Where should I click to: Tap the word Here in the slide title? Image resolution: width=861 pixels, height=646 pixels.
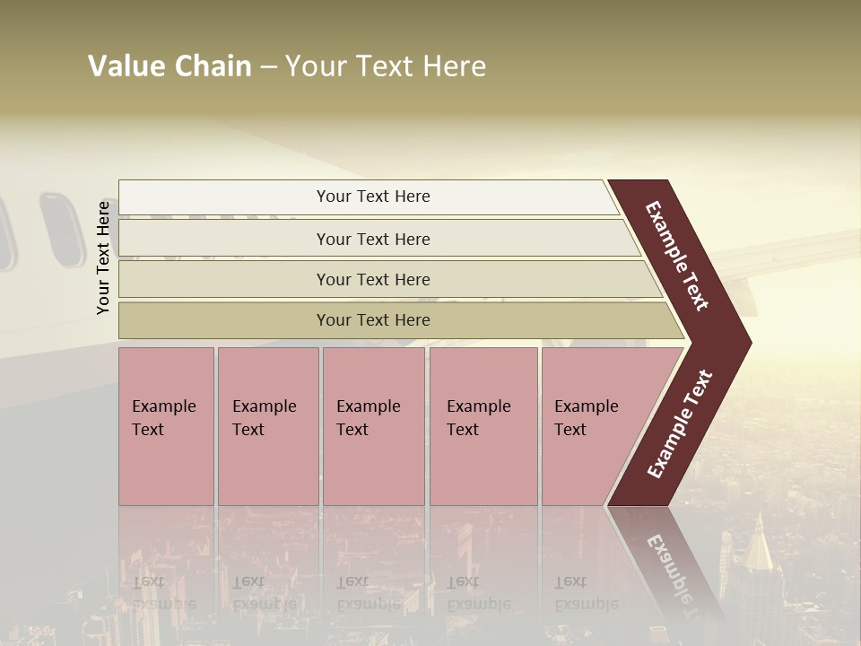point(454,66)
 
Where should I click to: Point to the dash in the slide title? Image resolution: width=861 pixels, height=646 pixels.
point(268,67)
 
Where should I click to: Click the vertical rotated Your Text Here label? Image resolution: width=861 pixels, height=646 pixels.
point(103,258)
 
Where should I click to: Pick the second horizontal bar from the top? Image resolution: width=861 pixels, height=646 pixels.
point(372,239)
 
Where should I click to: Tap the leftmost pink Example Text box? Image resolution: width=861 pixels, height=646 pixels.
point(166,425)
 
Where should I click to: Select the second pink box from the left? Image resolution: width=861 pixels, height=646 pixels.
point(267,425)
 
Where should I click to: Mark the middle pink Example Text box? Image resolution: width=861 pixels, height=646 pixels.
point(373,425)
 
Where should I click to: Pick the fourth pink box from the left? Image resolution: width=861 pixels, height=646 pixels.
point(483,425)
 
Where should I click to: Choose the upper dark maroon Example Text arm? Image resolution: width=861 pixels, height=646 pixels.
point(678,257)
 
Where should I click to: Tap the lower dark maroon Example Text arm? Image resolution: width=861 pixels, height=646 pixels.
point(679,425)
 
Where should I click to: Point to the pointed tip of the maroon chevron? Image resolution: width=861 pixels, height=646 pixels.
point(746,343)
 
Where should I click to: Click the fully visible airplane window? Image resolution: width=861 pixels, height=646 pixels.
point(62,230)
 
